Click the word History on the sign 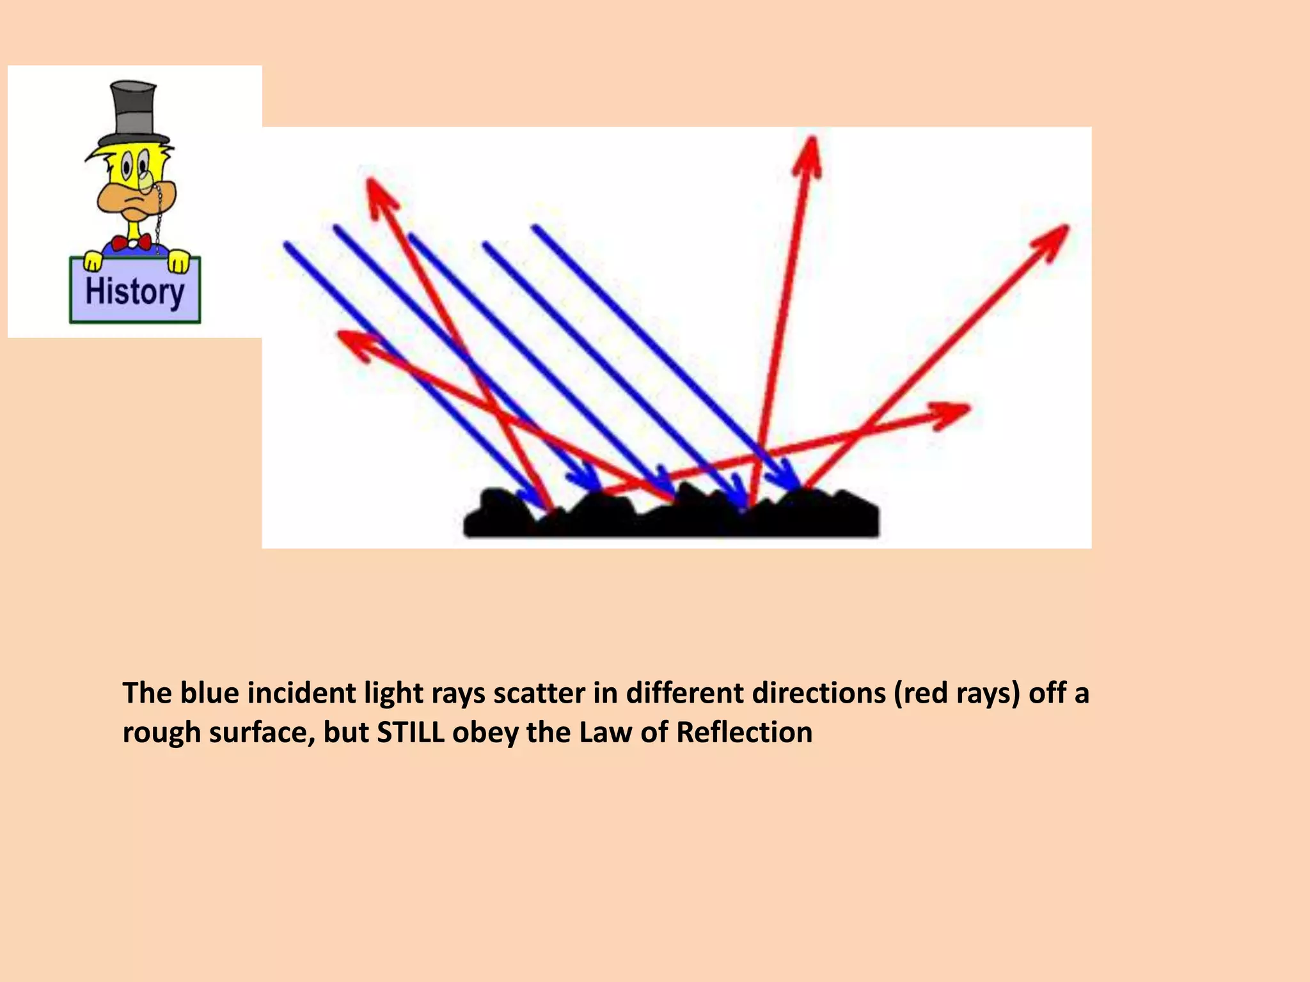coord(135,292)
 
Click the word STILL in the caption coord(410,732)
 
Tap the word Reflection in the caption coord(744,732)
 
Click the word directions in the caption coord(755,693)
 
